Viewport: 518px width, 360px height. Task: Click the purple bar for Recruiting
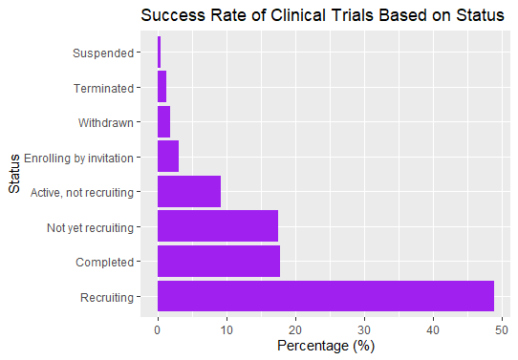click(x=326, y=297)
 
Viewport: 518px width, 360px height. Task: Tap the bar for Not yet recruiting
click(x=218, y=226)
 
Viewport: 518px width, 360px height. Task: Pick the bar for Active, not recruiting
click(x=189, y=191)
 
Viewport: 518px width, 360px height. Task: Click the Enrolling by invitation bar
click(x=168, y=156)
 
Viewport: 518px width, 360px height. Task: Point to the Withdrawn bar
click(x=163, y=121)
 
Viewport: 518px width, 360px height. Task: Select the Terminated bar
click(x=162, y=86)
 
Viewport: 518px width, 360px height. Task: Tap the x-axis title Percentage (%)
click(x=326, y=346)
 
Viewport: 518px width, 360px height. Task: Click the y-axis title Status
click(x=13, y=174)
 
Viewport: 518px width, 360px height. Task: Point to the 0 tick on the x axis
click(x=158, y=328)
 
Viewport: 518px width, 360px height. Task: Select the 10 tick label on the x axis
click(x=227, y=328)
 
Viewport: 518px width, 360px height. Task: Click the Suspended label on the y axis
click(x=103, y=52)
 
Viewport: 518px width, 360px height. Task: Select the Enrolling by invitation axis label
click(x=83, y=157)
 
